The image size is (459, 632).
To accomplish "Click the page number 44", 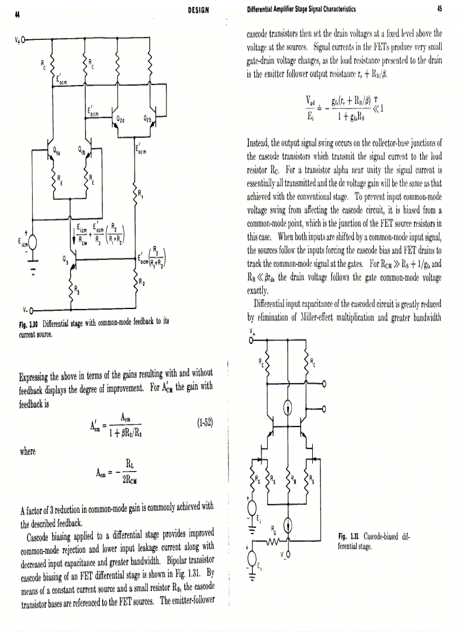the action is [10, 14].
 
